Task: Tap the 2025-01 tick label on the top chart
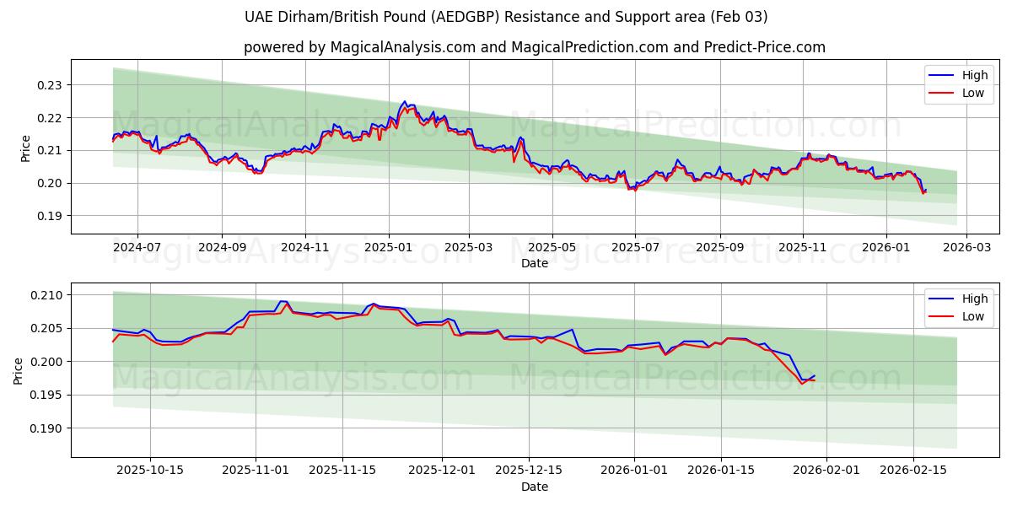(389, 248)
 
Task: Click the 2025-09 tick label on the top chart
(719, 248)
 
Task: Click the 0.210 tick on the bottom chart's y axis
(47, 295)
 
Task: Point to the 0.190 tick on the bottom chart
(47, 428)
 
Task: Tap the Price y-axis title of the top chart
(25, 148)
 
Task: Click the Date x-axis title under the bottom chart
(535, 487)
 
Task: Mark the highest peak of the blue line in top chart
(404, 102)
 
